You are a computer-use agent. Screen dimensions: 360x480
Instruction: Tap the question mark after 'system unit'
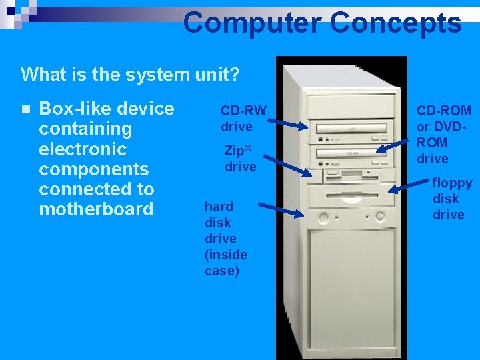coord(235,74)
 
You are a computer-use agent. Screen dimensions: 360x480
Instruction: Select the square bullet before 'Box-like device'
coord(25,109)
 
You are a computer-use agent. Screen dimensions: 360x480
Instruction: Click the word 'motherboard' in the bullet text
coord(96,209)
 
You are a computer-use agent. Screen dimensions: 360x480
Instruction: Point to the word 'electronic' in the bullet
coord(83,149)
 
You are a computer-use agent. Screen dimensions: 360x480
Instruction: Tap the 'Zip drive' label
coord(240,159)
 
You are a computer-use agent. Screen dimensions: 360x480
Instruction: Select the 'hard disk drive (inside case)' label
coord(225,238)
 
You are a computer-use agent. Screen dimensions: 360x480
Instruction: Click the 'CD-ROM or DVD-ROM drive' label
coord(444,134)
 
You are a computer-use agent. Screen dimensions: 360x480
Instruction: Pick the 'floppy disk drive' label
coord(452,198)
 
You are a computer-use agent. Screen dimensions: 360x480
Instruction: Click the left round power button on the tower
coord(325,217)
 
